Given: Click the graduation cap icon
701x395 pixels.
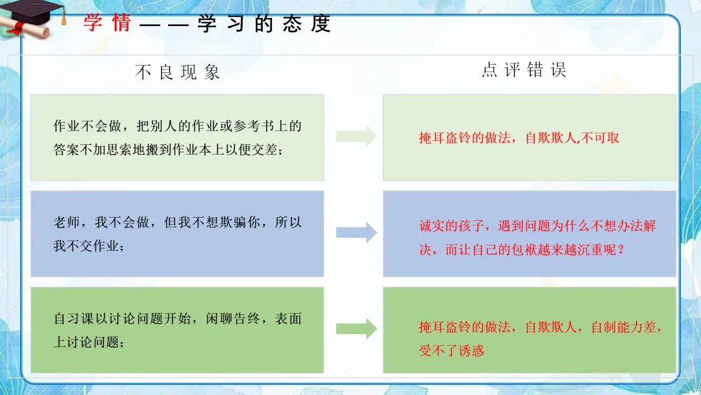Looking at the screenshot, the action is pos(36,11).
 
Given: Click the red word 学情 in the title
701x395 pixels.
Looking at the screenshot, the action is pos(108,23).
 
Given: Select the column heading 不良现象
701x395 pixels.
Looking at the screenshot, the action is pos(177,72).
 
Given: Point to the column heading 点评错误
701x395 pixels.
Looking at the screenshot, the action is pos(524,70).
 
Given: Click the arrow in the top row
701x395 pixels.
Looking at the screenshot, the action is pos(356,136).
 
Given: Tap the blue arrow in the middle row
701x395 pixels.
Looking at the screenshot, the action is pos(356,233).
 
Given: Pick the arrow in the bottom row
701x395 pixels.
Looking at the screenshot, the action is pos(356,329).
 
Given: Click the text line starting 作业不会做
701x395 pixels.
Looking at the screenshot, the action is pos(177,126).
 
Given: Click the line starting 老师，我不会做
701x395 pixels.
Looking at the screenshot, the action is pos(177,222).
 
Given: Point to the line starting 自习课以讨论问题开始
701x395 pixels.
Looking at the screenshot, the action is pos(177,319).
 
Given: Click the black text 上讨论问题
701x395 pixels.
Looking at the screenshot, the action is pos(88,342).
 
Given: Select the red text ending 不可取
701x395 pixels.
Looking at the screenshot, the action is pos(519,138).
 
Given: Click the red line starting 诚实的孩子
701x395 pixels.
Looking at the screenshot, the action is pos(537,226).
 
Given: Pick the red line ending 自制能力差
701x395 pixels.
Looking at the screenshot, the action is pos(541,327).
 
